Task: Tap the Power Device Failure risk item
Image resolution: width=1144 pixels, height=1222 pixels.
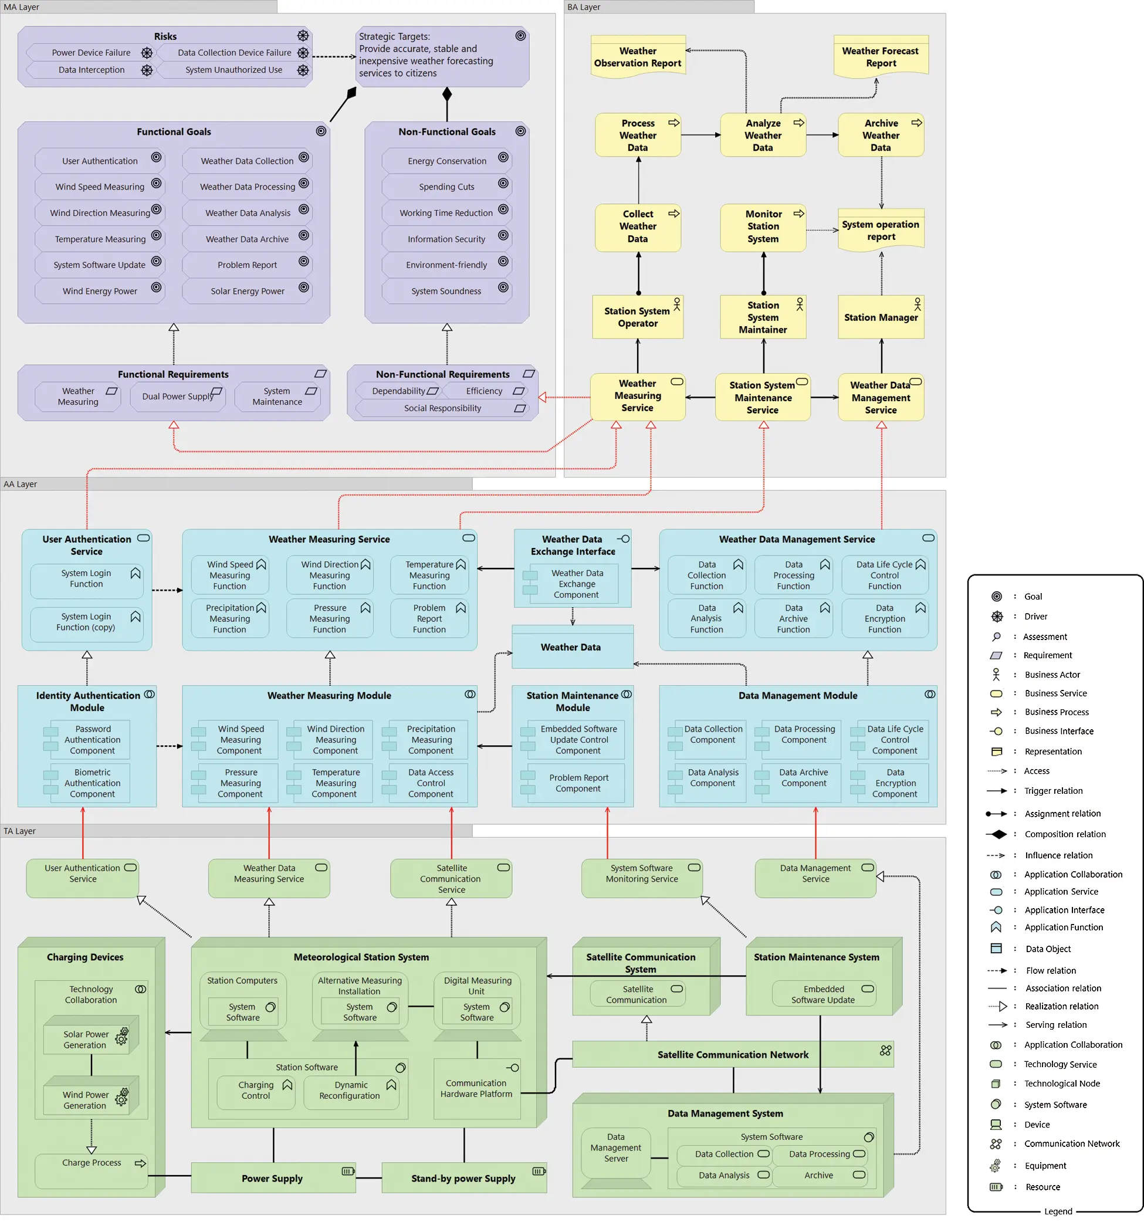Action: [91, 53]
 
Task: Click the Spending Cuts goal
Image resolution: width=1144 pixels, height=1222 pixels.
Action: [446, 187]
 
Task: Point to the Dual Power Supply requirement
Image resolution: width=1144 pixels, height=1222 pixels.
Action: [177, 397]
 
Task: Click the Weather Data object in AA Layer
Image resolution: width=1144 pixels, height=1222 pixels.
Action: [571, 647]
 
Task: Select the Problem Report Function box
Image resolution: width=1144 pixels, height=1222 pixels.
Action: [429, 618]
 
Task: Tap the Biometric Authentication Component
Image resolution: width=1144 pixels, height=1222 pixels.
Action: [92, 783]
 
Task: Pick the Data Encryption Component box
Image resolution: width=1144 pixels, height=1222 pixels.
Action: [895, 783]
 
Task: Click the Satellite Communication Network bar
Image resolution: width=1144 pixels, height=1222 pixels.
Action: [733, 1055]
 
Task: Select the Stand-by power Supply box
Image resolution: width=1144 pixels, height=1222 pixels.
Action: [463, 1179]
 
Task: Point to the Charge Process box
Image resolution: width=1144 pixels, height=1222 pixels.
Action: [91, 1163]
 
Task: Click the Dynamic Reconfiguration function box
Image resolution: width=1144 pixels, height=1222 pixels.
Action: [350, 1091]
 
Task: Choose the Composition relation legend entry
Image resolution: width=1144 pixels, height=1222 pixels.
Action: [1065, 834]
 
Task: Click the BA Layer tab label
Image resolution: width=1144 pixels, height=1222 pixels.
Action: [584, 7]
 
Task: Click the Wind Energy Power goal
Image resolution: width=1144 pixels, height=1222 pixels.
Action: [100, 292]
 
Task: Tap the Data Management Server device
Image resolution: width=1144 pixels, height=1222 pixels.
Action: [615, 1148]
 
